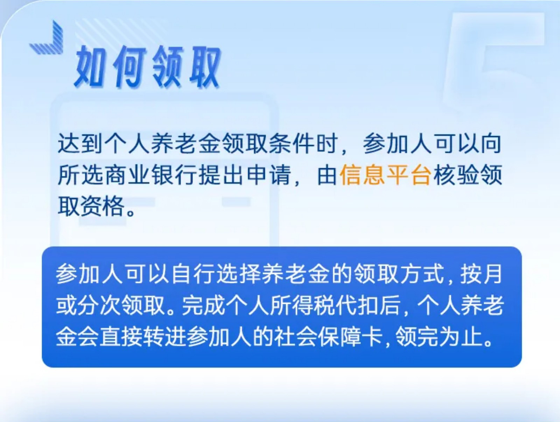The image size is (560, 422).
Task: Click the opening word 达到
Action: [x=81, y=144]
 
